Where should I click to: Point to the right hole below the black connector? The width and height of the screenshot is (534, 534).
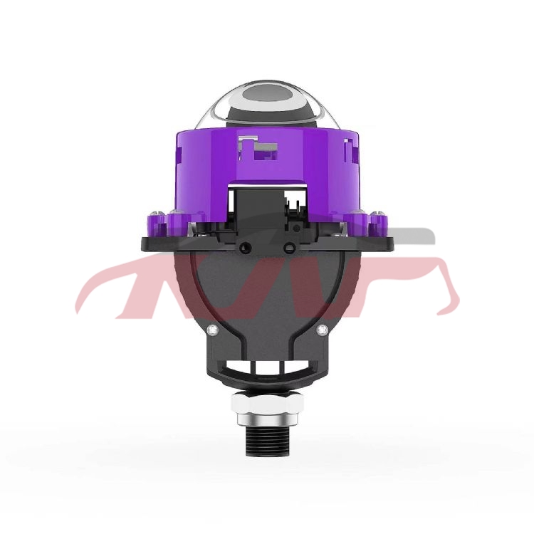[289, 248]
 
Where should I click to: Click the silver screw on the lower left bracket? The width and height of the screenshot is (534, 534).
[211, 329]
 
